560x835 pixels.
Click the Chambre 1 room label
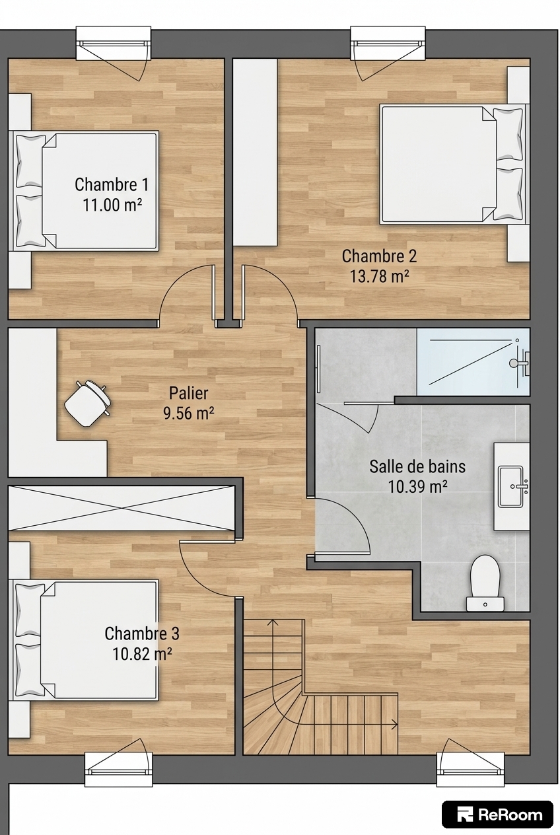[x=112, y=184]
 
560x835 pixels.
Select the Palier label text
[x=188, y=393]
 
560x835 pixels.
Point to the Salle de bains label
[x=417, y=466]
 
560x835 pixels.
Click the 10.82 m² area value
[x=142, y=654]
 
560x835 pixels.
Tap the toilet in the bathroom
[x=485, y=583]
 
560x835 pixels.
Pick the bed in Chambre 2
[x=454, y=164]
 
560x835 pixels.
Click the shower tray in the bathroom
[x=473, y=361]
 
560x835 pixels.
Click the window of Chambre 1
[x=114, y=44]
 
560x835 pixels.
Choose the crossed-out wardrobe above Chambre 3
[x=122, y=507]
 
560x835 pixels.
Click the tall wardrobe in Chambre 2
[x=255, y=152]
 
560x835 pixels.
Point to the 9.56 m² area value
[x=188, y=413]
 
